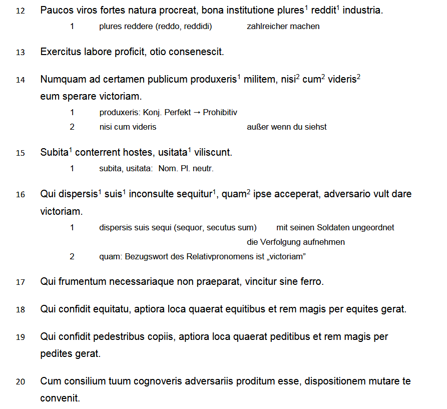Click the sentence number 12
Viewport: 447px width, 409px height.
20,11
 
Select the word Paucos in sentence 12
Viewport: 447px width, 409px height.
56,10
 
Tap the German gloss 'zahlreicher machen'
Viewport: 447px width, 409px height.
283,27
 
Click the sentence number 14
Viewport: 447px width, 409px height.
20,80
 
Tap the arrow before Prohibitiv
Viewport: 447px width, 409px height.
197,113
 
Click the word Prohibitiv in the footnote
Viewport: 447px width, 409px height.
220,113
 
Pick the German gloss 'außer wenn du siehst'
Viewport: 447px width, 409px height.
286,127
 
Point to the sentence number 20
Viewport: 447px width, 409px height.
20,382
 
